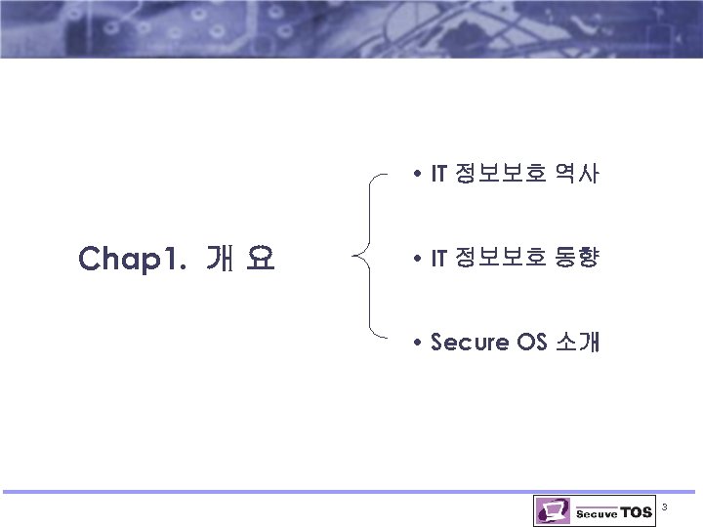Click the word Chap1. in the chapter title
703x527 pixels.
[x=132, y=259]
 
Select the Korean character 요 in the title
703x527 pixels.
[x=260, y=259]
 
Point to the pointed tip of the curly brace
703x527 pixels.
[x=353, y=259]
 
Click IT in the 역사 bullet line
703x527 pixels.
[x=438, y=176]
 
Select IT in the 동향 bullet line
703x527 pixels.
[x=438, y=259]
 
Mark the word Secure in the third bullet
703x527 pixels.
[x=470, y=343]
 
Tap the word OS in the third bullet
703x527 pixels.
[x=533, y=343]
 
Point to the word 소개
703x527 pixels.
[x=577, y=343]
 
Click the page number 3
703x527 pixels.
[x=665, y=507]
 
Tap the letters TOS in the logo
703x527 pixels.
[x=636, y=512]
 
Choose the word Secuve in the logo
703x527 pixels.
[x=597, y=513]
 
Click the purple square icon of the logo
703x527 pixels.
[x=552, y=510]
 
